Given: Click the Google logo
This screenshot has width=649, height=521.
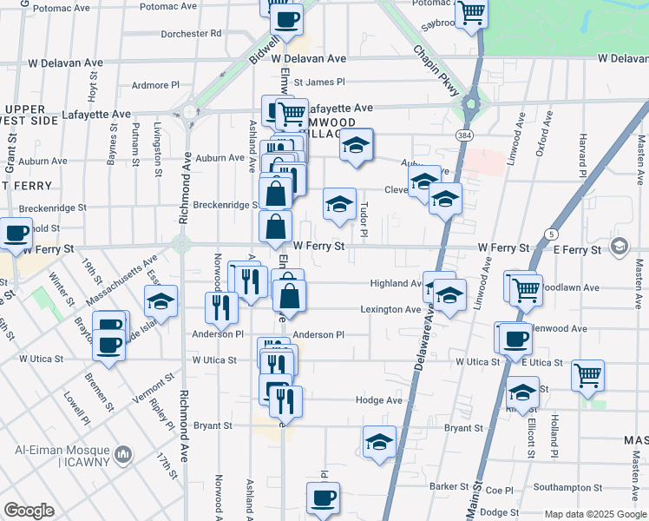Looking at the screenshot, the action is click(x=29, y=510).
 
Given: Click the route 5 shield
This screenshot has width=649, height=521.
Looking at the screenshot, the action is click(x=551, y=234).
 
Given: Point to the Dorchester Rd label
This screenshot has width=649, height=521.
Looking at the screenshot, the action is click(x=191, y=34).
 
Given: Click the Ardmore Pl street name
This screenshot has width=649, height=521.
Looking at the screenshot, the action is click(x=154, y=85).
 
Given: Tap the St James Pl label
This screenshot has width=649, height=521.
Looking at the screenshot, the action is click(x=319, y=82).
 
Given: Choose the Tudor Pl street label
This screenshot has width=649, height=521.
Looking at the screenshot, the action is click(x=364, y=219).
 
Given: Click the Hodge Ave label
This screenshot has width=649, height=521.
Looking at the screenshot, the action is click(x=379, y=400).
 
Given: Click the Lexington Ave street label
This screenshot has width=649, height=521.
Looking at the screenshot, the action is click(x=390, y=309).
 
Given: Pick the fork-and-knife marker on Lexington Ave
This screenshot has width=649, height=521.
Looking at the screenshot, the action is click(x=220, y=306).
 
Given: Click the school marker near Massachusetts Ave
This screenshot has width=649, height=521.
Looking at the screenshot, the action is click(x=161, y=300).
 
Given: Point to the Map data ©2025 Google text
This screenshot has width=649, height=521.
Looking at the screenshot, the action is click(x=595, y=514).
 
